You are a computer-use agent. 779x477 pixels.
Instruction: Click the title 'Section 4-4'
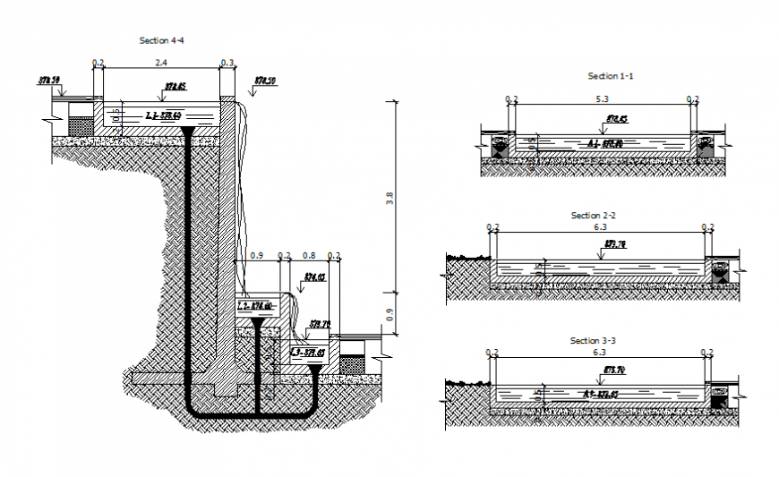tap(162, 40)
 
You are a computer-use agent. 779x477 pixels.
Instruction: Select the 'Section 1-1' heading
tap(610, 76)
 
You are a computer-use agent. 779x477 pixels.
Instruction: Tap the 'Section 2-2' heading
tap(594, 216)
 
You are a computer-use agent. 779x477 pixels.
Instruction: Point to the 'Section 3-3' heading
tap(594, 341)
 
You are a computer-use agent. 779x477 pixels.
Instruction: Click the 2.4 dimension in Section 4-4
tap(160, 64)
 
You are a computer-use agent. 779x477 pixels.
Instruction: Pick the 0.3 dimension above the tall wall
tap(227, 64)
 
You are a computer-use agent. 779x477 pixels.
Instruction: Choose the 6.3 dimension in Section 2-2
tap(598, 228)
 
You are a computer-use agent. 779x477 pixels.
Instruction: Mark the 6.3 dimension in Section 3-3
tap(598, 353)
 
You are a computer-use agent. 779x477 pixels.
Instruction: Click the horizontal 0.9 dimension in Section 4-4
tap(257, 255)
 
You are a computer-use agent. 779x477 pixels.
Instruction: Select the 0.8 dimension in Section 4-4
tap(309, 255)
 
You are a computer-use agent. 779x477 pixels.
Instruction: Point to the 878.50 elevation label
tap(265, 81)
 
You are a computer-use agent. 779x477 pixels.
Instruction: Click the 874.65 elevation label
tap(313, 277)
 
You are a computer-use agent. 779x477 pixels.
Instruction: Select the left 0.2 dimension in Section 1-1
tap(511, 99)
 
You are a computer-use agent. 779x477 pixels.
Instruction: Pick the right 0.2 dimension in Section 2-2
tap(708, 228)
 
